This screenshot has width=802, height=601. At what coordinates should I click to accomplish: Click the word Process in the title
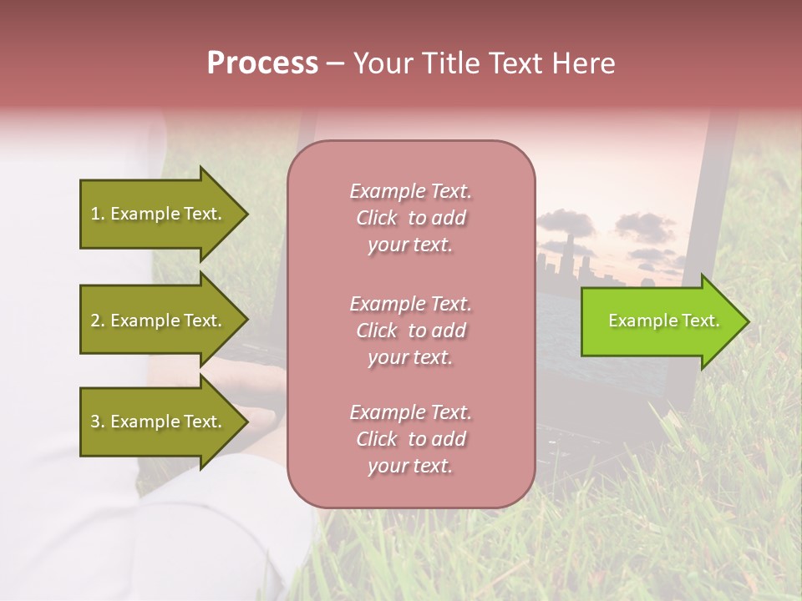coord(262,63)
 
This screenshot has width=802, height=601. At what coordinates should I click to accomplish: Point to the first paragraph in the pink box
coord(410,218)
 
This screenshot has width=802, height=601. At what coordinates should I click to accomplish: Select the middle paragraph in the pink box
coord(410,330)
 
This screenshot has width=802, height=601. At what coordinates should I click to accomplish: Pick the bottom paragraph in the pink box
coord(410,439)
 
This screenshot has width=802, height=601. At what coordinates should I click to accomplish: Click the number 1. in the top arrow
coord(98,215)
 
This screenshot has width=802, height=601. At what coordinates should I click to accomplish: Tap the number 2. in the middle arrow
coord(98,321)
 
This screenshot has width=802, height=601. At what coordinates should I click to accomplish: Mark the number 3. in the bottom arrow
coord(98,422)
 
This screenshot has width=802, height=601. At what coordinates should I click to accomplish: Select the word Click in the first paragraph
coord(377,218)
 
